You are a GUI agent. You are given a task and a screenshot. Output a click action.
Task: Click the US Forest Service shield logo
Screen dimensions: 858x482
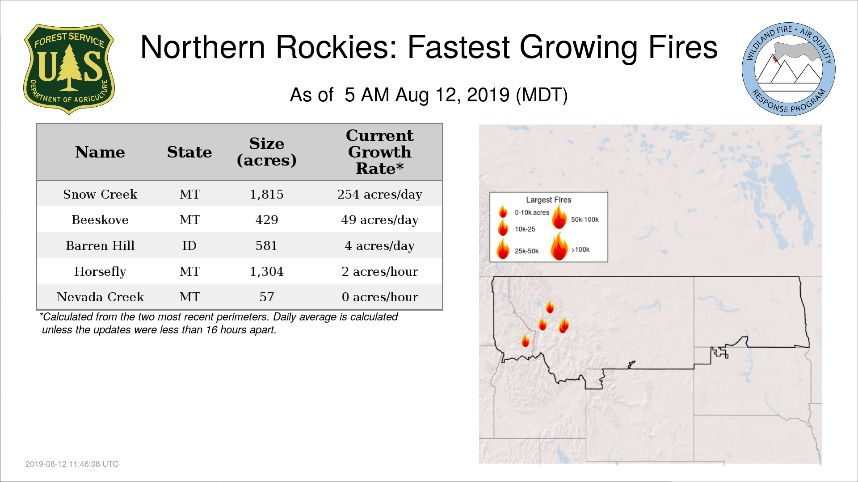point(69,69)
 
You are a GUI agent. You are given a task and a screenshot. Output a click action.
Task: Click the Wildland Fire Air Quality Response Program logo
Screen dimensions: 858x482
point(789,69)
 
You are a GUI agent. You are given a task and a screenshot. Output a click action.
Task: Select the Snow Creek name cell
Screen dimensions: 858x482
point(100,194)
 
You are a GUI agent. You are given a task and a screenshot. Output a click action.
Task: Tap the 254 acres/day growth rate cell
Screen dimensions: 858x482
point(380,195)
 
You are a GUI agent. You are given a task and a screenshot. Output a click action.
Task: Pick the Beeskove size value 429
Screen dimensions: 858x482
point(267,220)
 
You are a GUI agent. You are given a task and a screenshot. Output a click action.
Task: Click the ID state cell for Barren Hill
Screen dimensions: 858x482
point(189,245)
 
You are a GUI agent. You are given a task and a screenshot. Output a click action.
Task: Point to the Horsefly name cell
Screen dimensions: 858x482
point(100,271)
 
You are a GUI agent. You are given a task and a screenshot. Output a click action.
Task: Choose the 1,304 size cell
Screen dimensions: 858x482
point(267,271)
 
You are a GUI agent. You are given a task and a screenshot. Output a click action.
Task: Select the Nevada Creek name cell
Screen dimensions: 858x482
point(101,297)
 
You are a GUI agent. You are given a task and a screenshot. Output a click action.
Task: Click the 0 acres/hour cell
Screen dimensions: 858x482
point(380,297)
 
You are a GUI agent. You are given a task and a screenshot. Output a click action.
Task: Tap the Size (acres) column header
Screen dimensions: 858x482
point(267,152)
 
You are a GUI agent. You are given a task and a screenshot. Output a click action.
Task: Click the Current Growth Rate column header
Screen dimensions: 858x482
point(380,152)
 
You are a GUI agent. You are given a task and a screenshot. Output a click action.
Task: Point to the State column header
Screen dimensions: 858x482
point(189,152)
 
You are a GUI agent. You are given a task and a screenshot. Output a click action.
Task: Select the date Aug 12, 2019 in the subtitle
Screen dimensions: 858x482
point(452,95)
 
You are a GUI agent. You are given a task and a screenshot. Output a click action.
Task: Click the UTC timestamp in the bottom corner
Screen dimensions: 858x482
point(72,464)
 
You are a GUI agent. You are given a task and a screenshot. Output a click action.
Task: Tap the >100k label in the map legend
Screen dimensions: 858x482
point(580,249)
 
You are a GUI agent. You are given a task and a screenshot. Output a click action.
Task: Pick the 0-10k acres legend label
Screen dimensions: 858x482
point(532,212)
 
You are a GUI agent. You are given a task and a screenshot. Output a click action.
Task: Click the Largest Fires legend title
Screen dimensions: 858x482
point(548,200)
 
